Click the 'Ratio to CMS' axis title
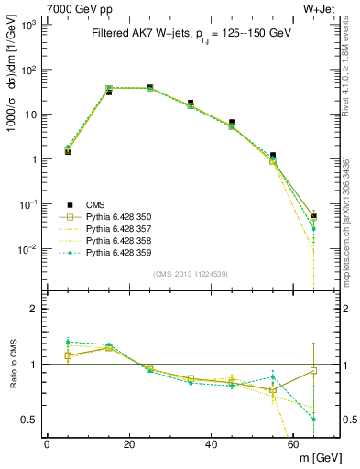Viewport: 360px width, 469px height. click(x=12, y=364)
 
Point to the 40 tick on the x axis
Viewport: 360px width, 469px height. click(x=211, y=443)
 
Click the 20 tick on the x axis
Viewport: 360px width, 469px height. click(x=129, y=443)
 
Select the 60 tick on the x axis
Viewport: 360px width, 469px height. click(x=293, y=443)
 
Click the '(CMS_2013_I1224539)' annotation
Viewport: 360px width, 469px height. click(x=190, y=273)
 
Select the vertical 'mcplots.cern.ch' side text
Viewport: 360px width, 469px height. click(x=349, y=229)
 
